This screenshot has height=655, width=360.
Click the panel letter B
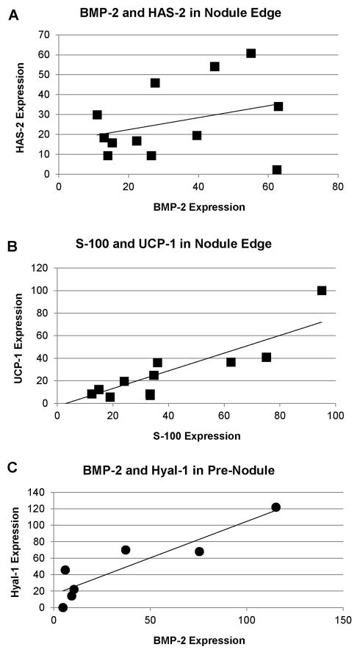pyautogui.click(x=13, y=238)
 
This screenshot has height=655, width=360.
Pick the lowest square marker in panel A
pyautogui.click(x=276, y=170)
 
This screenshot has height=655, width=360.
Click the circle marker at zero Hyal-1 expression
pyautogui.click(x=62, y=607)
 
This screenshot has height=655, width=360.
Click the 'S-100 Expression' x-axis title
pyautogui.click(x=197, y=435)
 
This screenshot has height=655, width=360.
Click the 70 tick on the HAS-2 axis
pyautogui.click(x=44, y=35)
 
